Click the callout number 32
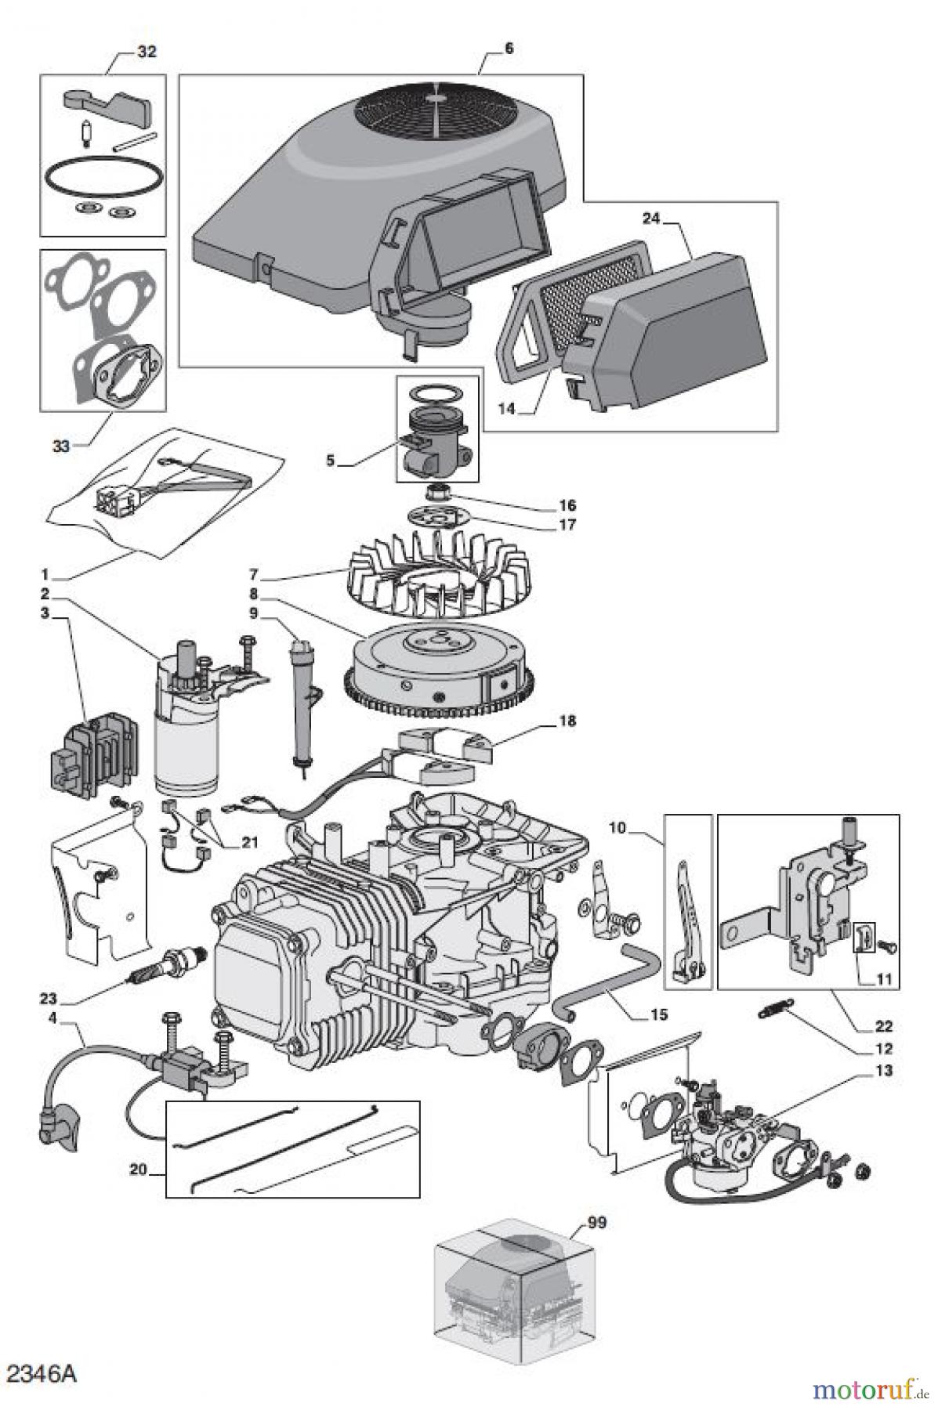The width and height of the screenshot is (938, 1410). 147,52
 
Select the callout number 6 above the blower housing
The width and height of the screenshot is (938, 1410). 509,49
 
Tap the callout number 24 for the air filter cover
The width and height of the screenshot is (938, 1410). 651,219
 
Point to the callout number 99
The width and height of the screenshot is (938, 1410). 597,1221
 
